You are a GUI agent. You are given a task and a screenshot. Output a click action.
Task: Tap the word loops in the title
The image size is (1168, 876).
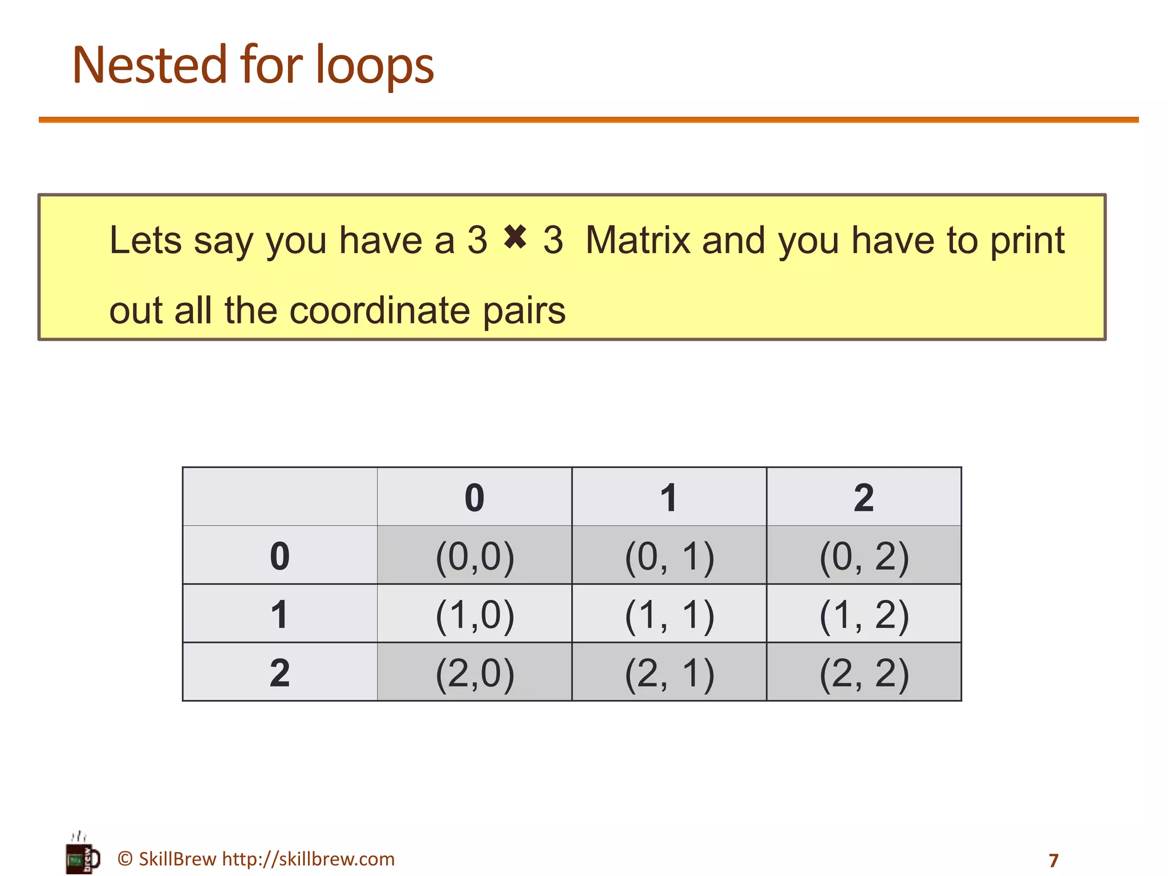(x=375, y=66)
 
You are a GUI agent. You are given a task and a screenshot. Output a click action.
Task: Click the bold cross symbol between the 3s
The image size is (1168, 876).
(x=515, y=237)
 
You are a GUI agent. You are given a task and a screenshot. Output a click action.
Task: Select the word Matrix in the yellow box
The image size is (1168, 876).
(x=638, y=240)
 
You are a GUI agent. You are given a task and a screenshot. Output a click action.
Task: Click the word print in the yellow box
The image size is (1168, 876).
(x=1027, y=241)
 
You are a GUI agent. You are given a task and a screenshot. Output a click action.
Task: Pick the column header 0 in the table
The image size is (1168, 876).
(x=474, y=497)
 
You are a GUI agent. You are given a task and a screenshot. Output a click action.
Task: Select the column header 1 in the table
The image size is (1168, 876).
(x=669, y=497)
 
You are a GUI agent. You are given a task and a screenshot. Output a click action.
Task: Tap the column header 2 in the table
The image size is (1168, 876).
(x=863, y=497)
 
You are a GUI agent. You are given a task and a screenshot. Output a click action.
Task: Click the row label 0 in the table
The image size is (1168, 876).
(x=279, y=556)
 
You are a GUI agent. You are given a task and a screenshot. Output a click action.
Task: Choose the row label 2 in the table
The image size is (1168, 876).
(x=279, y=673)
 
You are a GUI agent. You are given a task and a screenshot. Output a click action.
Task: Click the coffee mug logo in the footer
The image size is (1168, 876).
(x=82, y=854)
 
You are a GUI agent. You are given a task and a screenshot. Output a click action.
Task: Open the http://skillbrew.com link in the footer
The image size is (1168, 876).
(x=308, y=859)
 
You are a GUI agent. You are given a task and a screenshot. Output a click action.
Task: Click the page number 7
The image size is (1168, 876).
(x=1053, y=860)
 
